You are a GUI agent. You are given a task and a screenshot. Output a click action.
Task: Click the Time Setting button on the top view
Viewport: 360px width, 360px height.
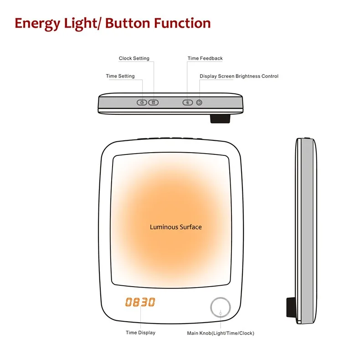pos(142,103)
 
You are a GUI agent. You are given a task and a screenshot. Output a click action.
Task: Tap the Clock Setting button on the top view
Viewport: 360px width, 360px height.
pos(154,103)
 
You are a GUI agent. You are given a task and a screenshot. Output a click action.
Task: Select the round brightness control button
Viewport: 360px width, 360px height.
pos(199,103)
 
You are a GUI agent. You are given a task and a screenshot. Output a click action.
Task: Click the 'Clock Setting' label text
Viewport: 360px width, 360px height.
pos(134,58)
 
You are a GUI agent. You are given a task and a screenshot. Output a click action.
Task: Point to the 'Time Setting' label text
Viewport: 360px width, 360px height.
pos(120,76)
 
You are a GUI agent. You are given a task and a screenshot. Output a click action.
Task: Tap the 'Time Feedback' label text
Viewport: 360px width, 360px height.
pos(205,58)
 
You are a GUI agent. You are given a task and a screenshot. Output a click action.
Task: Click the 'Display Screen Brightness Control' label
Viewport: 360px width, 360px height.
pos(239,76)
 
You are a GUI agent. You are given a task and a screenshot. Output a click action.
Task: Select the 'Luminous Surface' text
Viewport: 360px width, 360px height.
pos(175,227)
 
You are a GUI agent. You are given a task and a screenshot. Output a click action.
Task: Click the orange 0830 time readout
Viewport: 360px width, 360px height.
pos(140,302)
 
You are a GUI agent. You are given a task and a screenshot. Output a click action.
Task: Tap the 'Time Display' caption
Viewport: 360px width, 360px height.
pos(140,333)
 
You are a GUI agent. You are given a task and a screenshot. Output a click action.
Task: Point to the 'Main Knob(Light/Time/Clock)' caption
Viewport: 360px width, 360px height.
pos(221,333)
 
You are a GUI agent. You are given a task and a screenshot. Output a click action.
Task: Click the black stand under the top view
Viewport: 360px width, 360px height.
pos(219,118)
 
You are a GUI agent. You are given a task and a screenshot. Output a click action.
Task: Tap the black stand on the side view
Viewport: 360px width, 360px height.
pos(290,308)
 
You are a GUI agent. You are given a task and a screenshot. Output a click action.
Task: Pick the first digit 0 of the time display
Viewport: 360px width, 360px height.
pos(129,302)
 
